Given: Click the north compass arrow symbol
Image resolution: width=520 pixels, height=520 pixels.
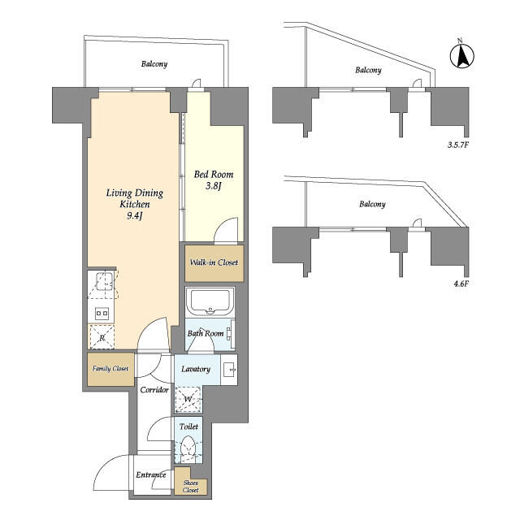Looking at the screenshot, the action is tap(462, 54).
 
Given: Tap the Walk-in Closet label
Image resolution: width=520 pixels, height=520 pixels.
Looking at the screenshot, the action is tap(214, 262).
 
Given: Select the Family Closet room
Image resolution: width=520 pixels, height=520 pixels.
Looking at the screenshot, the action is tap(110, 369).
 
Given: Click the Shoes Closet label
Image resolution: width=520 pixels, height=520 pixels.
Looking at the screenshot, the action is tap(191, 487).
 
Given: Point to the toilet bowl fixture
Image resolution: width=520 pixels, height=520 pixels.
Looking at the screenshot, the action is tap(188, 448).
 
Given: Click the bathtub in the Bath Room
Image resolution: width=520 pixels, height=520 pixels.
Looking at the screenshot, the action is tap(210, 302).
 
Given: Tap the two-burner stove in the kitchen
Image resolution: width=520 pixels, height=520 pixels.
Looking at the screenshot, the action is tap(102, 313).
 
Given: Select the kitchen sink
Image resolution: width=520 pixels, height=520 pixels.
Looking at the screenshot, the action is tap(105, 282).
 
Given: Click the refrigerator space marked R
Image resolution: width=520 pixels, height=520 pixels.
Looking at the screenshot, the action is tap(102, 337).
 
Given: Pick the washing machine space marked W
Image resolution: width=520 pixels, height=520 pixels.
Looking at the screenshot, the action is tap(188, 400).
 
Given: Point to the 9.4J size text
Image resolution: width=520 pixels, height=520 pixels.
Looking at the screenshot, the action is tap(134, 216).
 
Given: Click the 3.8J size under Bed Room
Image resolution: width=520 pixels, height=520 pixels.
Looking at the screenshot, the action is tap(213, 186).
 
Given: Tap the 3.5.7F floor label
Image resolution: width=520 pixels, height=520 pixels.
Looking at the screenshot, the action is tap(457, 145).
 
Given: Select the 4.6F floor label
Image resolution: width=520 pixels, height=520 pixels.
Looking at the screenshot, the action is tap(461, 284).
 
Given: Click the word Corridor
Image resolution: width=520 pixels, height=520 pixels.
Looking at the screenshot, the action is tap(154, 390).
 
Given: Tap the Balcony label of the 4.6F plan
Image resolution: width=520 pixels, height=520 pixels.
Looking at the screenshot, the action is tap(372, 204).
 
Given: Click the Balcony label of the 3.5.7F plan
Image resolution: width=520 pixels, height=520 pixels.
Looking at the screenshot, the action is tap(368, 70).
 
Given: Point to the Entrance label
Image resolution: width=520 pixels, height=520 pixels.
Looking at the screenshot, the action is tap(151, 474).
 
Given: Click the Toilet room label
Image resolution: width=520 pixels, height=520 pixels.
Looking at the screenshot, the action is tap(188, 427).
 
